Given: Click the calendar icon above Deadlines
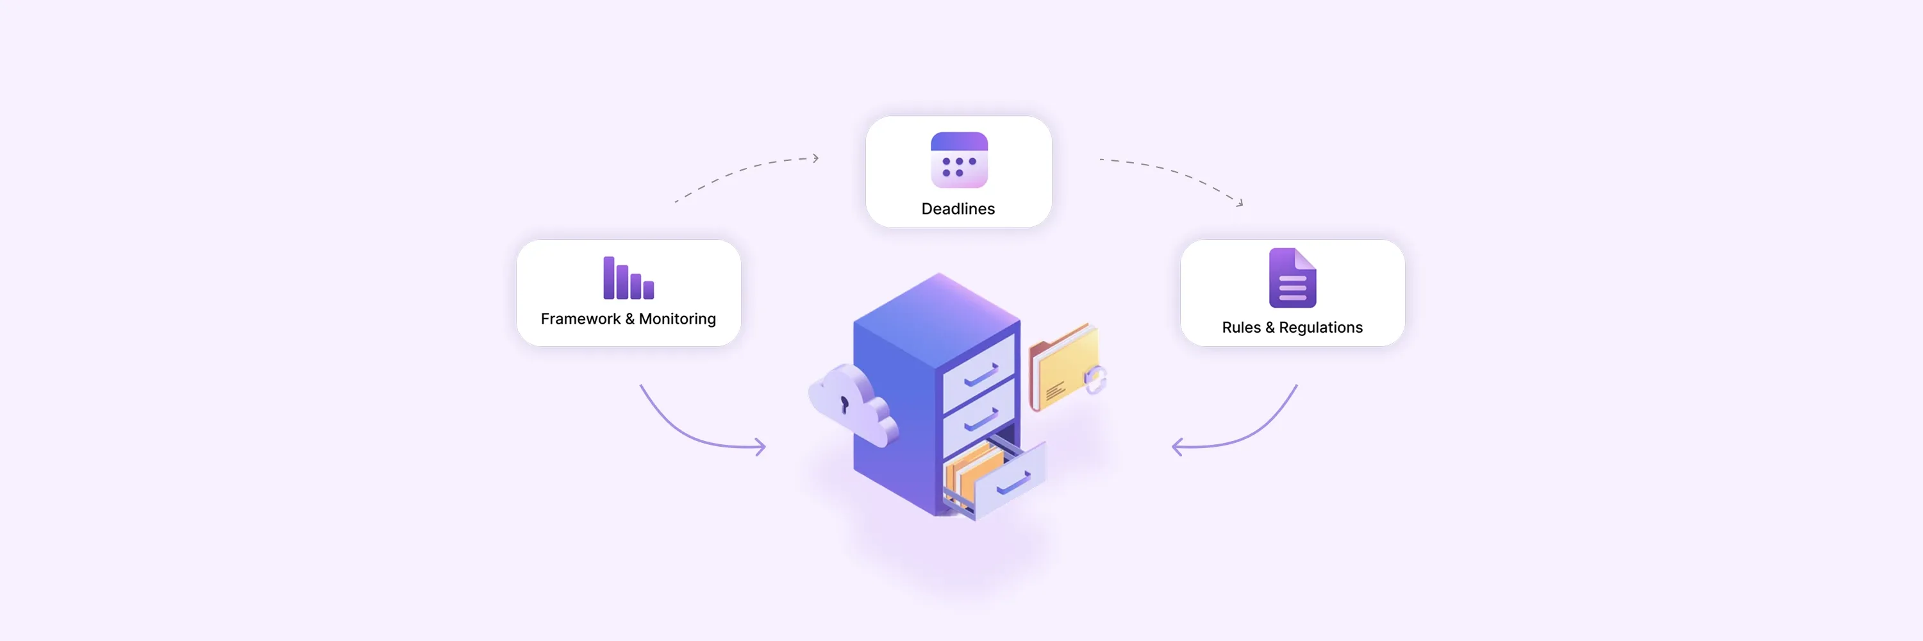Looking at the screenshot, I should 958,160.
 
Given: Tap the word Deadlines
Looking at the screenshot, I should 958,209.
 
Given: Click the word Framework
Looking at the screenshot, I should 580,319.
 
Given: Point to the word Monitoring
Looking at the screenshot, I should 677,319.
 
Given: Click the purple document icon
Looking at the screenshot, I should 1292,278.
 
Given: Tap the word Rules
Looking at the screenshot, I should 1241,328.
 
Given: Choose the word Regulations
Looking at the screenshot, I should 1320,328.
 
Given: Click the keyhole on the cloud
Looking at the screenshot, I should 844,404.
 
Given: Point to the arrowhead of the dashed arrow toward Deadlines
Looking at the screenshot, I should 816,158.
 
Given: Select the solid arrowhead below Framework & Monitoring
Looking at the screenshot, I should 761,447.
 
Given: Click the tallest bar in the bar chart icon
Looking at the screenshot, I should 608,278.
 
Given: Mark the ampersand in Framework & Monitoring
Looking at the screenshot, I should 629,319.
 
